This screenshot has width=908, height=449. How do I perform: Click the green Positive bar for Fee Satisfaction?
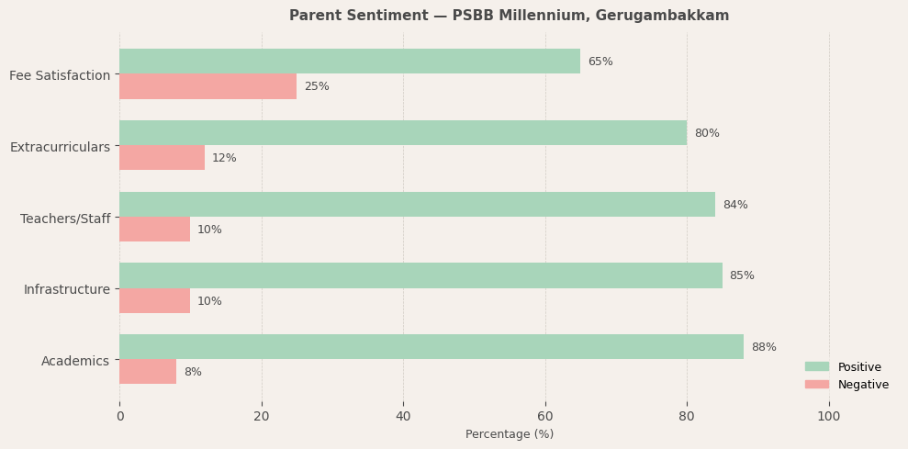(349, 62)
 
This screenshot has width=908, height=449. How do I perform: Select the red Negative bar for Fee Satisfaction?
(207, 86)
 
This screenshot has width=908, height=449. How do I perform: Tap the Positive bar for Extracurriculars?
(402, 133)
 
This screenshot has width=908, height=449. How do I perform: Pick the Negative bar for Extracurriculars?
(162, 158)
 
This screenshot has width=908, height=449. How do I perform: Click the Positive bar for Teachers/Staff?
(417, 205)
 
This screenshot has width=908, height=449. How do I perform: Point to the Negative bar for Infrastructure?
(154, 301)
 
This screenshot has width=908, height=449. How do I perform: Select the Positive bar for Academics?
(431, 347)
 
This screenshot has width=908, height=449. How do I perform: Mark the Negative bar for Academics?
(147, 372)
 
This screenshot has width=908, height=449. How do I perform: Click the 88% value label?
(764, 347)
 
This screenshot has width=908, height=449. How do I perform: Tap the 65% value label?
(600, 62)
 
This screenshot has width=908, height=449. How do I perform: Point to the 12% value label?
(224, 158)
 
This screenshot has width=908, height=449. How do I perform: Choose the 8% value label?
(193, 372)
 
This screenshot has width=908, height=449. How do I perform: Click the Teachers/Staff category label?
(65, 219)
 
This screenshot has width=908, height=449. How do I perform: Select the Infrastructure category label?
(67, 290)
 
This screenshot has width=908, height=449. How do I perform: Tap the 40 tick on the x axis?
(403, 416)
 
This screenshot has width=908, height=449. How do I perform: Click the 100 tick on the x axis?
(829, 416)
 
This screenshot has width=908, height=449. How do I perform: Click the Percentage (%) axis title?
(510, 434)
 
